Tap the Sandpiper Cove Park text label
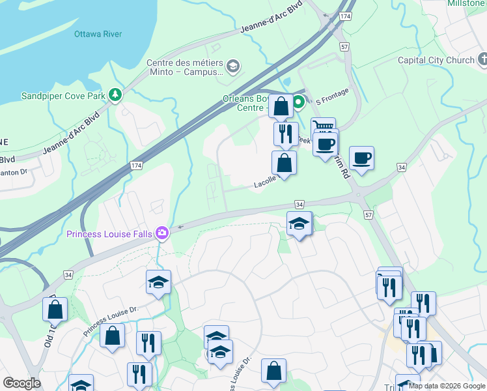(x=54, y=96)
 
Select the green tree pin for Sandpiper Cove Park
(x=116, y=96)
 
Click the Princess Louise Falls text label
(x=109, y=233)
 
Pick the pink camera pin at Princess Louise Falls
(x=161, y=233)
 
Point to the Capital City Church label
(x=436, y=61)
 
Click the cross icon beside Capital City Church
(x=482, y=61)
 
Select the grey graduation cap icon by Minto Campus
(x=233, y=66)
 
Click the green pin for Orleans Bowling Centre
(x=298, y=102)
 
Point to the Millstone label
(x=465, y=3)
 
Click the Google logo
(x=21, y=383)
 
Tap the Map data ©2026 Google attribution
(x=447, y=386)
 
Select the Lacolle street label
(x=266, y=185)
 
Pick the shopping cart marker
(x=323, y=124)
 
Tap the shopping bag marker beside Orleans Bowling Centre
(x=281, y=106)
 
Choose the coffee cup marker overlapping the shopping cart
(x=325, y=143)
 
